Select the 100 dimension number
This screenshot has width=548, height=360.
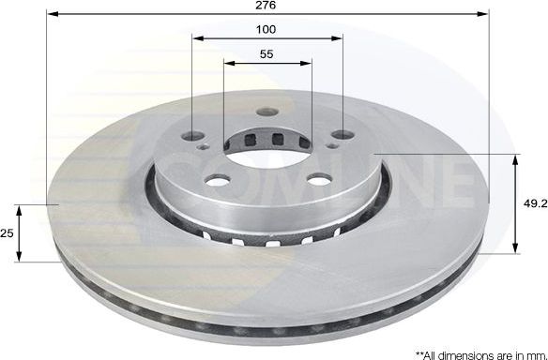coord(266,29)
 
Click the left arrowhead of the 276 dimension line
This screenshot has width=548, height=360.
coord(51,15)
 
